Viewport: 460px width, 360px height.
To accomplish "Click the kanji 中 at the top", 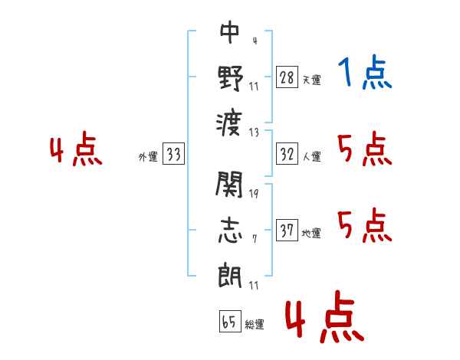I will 230,33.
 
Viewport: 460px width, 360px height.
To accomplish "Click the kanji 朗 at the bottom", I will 230,273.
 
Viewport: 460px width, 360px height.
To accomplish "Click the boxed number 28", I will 287,77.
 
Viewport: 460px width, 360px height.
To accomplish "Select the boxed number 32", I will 287,155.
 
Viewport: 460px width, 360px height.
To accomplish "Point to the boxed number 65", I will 229,322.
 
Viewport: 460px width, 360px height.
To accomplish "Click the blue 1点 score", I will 364,74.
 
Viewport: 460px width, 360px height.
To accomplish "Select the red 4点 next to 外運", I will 77,150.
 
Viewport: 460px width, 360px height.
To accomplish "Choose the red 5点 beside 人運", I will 364,149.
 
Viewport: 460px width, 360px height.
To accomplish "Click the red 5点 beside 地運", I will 364,226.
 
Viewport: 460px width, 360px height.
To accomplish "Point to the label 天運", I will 311,80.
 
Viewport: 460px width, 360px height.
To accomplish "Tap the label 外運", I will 148,157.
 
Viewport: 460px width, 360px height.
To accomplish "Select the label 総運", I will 255,325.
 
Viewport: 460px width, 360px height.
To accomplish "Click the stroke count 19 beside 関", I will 254,193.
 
